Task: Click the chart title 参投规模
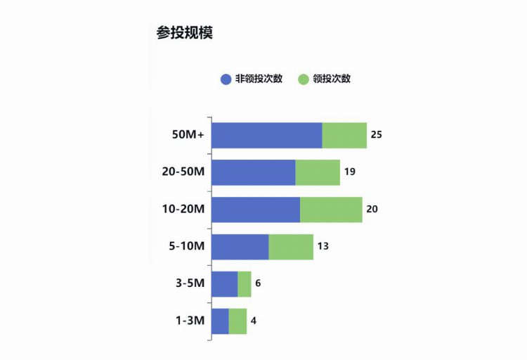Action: tap(184, 33)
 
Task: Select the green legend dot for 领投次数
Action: tap(304, 79)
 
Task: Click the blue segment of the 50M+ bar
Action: tap(266, 135)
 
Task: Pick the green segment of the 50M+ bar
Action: tap(344, 135)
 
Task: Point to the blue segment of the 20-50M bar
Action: tap(253, 172)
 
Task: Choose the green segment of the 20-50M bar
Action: tap(318, 172)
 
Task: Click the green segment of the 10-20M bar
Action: tap(331, 210)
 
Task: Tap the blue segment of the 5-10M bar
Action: tap(240, 247)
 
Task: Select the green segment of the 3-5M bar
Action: tap(245, 284)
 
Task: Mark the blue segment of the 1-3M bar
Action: tap(220, 321)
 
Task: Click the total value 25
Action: tap(376, 135)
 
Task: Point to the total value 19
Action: tap(349, 172)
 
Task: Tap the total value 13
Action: tap(323, 247)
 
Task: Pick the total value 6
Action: tap(258, 284)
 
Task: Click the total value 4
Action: tap(254, 321)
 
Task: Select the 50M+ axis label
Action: tap(188, 135)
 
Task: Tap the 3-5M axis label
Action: tap(190, 284)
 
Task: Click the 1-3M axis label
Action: tap(190, 321)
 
